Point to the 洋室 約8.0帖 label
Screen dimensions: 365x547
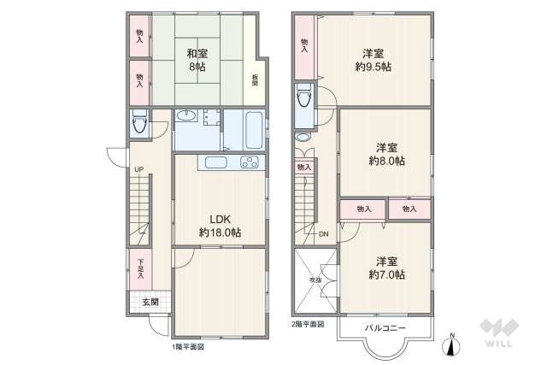click(386, 153)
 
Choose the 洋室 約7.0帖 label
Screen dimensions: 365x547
click(386, 267)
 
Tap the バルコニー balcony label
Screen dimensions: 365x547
click(385, 327)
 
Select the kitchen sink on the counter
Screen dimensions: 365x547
click(215, 163)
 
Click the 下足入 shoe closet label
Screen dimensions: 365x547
click(140, 268)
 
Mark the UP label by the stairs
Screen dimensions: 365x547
click(138, 168)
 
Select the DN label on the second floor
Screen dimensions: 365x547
click(324, 234)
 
